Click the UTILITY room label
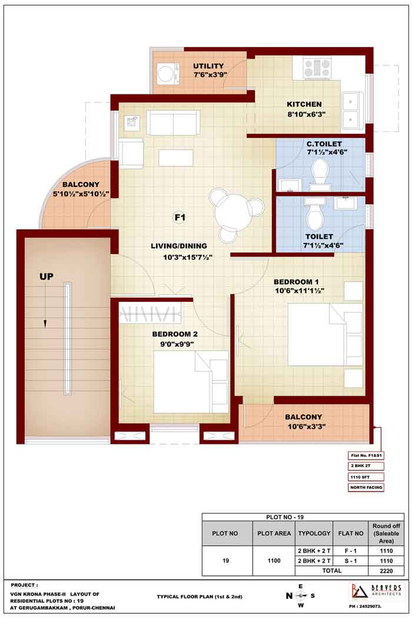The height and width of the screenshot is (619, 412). [208, 66]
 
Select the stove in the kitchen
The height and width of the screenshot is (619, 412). [317, 68]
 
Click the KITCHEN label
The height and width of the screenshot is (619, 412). [304, 104]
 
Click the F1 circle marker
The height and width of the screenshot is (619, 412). [180, 217]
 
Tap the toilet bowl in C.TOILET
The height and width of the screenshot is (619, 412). [320, 172]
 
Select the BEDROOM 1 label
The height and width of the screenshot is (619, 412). [296, 282]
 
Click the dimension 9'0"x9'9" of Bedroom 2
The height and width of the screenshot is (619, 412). [177, 344]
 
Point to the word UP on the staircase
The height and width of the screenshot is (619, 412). [46, 276]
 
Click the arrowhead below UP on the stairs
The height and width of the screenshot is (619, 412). [45, 324]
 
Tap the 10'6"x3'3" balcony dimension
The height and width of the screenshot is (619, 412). [306, 426]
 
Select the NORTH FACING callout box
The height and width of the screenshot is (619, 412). [366, 488]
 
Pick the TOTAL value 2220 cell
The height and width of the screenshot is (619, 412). [386, 571]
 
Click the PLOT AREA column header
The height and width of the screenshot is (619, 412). [274, 534]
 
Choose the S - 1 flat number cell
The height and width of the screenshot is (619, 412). [351, 561]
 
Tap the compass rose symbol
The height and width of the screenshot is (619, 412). [300, 595]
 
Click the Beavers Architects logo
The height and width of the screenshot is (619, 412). [376, 591]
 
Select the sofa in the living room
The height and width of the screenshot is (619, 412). [172, 123]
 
